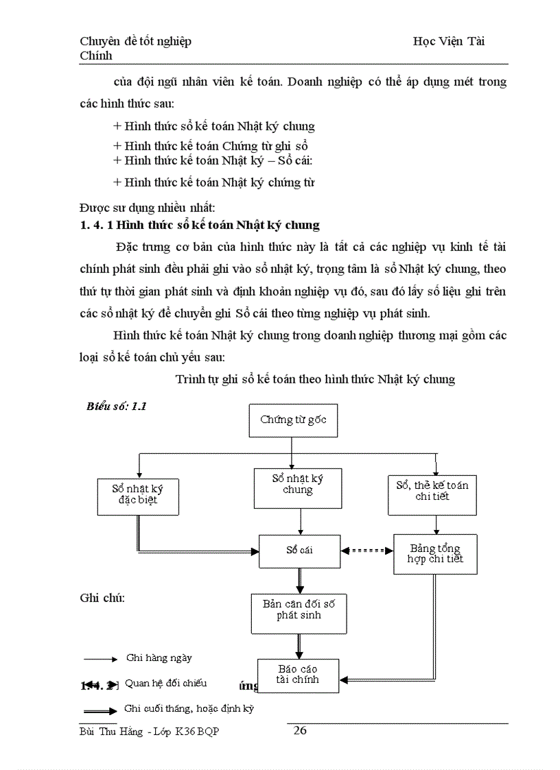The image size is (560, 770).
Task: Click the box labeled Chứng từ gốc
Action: (292, 420)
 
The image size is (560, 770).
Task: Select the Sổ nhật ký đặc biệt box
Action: (137, 494)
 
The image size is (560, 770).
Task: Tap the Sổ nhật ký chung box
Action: (297, 488)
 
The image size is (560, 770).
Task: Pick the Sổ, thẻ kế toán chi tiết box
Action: (432, 491)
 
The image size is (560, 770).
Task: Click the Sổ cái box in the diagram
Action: (299, 550)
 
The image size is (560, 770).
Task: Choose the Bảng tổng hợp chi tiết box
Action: (435, 553)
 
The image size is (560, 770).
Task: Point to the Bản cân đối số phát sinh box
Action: (299, 613)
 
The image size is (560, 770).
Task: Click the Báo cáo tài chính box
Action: (298, 675)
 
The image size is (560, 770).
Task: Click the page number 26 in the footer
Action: (300, 730)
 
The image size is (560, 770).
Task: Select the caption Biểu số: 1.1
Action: (117, 406)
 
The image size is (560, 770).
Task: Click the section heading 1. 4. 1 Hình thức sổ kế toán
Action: (200, 225)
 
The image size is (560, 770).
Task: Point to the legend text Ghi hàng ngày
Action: (159, 658)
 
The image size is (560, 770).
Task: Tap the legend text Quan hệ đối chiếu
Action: (165, 683)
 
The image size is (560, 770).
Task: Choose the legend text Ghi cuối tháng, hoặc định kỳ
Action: (189, 708)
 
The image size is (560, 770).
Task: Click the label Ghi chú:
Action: (102, 598)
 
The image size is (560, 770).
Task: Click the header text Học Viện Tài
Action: (449, 41)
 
